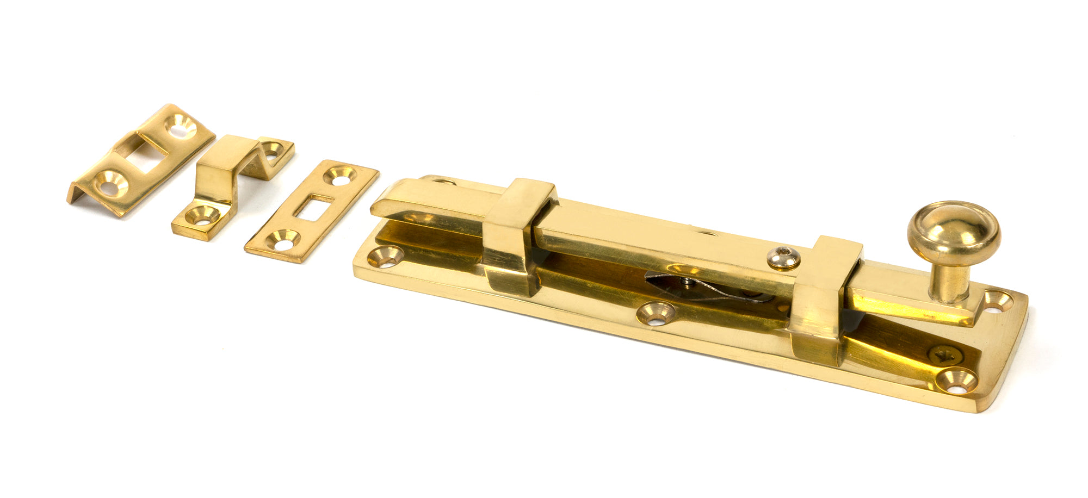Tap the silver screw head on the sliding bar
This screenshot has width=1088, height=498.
[784, 258]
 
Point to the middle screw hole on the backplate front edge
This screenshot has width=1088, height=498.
[656, 313]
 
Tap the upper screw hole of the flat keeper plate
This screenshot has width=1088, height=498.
[340, 175]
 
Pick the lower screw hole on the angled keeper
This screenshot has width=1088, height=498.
[111, 185]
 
